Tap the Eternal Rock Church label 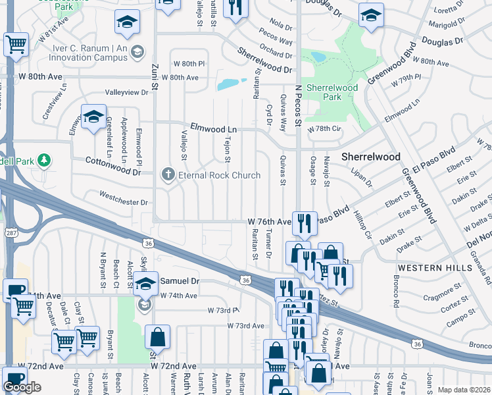pyautogui.click(x=220, y=175)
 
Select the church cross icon pyautogui.click(x=168, y=174)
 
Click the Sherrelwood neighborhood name pyautogui.click(x=371, y=157)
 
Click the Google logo pyautogui.click(x=22, y=386)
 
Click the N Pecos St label pyautogui.click(x=297, y=109)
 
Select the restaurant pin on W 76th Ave pyautogui.click(x=304, y=222)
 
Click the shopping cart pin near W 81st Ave pyautogui.click(x=16, y=45)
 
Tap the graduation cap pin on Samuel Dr pyautogui.click(x=147, y=283)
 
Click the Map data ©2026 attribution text pyautogui.click(x=463, y=390)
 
